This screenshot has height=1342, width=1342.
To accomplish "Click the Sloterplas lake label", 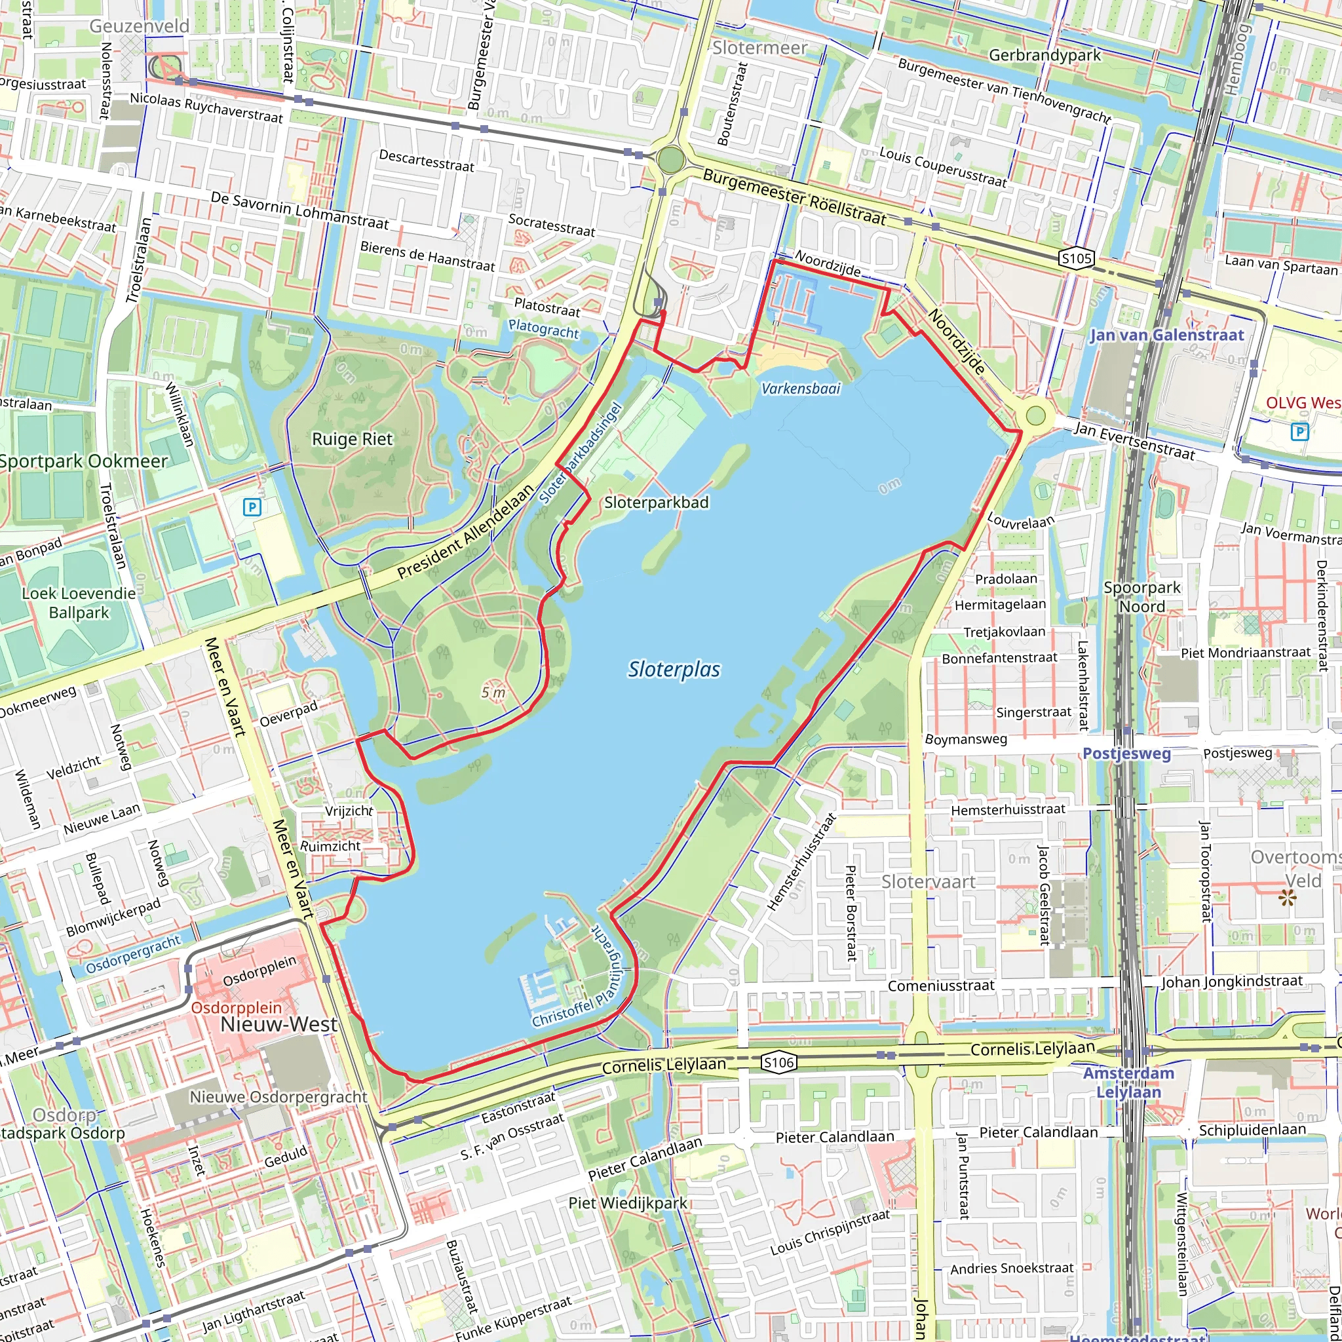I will tap(674, 670).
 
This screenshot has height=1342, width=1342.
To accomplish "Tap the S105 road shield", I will tap(1077, 258).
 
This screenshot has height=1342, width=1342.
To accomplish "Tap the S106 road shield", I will tap(778, 1062).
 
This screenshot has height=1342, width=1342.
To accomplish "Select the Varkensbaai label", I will tap(801, 389).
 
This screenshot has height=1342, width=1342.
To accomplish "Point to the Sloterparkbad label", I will tap(657, 502).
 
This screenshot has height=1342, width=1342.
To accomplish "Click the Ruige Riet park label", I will tap(352, 439).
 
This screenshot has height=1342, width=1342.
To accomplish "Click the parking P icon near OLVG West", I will tap(1299, 432).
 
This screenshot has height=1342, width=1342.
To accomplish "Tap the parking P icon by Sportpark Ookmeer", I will tap(252, 507).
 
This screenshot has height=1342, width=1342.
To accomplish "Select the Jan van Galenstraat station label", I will tap(1167, 335).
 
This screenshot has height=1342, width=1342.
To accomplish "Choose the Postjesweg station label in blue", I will tap(1126, 754).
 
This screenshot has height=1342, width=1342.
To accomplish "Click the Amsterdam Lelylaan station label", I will tap(1129, 1083).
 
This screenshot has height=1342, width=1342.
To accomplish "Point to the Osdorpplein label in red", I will tap(236, 1007).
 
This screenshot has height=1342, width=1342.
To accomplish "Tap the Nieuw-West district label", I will tap(278, 1025).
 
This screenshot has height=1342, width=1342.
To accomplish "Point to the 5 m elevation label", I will tap(493, 693).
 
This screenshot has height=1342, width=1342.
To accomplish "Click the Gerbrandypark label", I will tap(1045, 55).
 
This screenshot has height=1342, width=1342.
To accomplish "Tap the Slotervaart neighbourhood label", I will tap(928, 882).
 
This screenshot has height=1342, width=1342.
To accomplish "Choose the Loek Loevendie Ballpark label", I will tap(79, 603).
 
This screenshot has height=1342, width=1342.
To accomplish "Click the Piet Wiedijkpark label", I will tap(628, 1203).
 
